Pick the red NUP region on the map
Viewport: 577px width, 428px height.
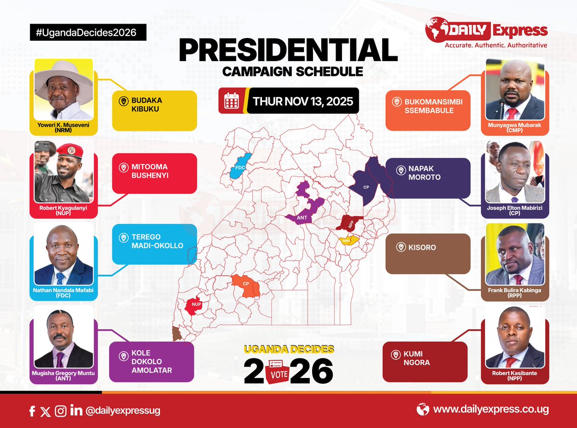(194, 306)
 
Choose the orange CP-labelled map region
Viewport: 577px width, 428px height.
(246, 286)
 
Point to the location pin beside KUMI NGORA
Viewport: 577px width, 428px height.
(396, 355)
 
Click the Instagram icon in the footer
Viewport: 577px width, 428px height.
(61, 411)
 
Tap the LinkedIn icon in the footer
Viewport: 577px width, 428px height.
(76, 411)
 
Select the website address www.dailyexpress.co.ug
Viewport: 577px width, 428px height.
(490, 410)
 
